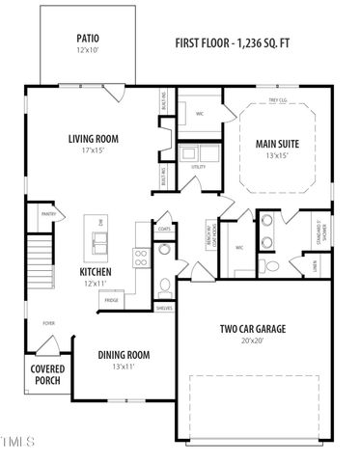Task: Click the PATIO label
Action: (88, 39)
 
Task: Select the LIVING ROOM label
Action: (93, 138)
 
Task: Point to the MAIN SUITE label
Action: (278, 144)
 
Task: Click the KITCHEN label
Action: (96, 271)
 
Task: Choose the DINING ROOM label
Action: (124, 354)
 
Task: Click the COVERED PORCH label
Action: (46, 374)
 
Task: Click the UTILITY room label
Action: (198, 167)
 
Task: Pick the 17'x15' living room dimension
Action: (93, 151)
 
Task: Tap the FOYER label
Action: (47, 323)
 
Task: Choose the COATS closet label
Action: (164, 229)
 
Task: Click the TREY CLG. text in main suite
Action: (278, 100)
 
